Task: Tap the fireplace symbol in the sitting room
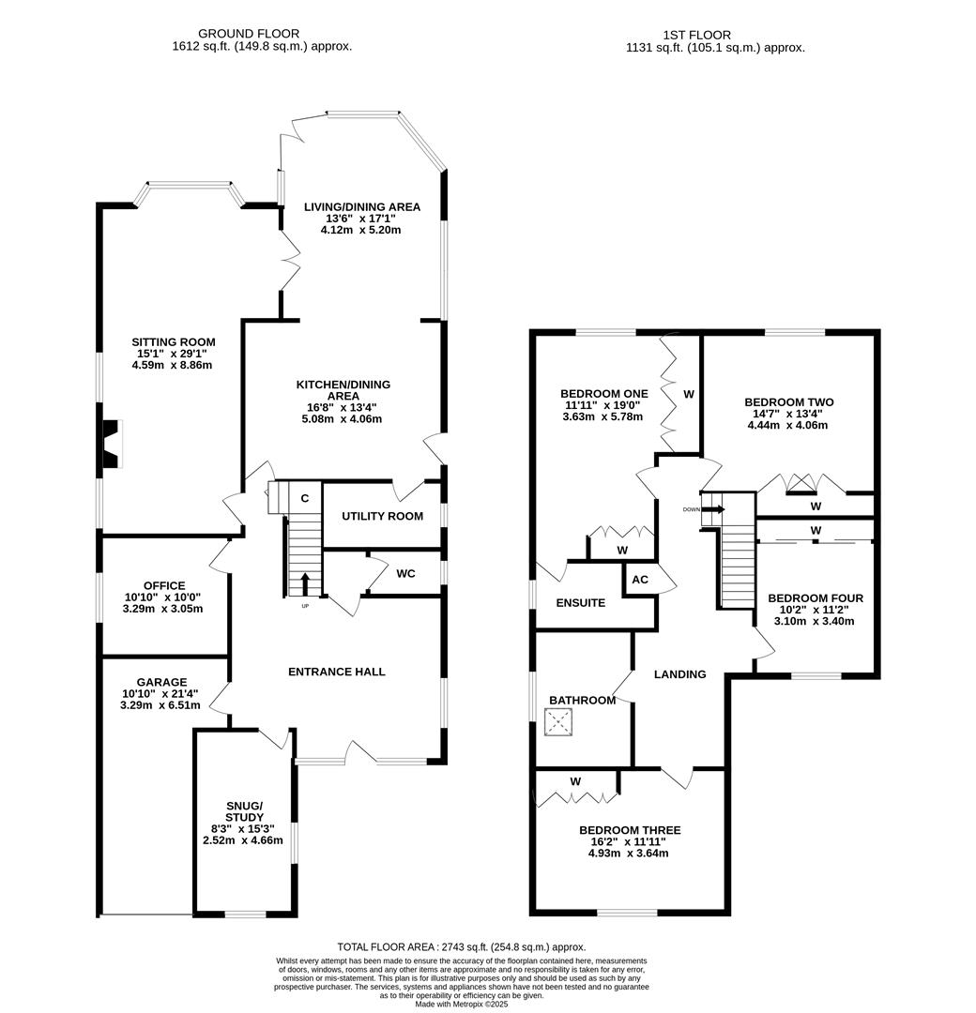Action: (x=112, y=444)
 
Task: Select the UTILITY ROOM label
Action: (x=382, y=516)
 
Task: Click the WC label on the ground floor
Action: (x=405, y=573)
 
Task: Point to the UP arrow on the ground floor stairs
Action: (x=305, y=584)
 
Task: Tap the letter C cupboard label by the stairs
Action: (x=305, y=499)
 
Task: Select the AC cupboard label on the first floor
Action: (x=640, y=580)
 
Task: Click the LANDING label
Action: (x=679, y=673)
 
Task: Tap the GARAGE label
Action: (x=160, y=682)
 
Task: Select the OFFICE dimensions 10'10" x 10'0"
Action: (x=164, y=597)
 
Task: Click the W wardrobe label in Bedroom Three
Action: (x=575, y=781)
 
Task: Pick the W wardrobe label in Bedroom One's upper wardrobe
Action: (x=688, y=395)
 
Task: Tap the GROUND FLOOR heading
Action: (x=262, y=34)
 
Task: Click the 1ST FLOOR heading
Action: (x=715, y=36)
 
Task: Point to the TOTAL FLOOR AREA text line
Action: (x=461, y=947)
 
